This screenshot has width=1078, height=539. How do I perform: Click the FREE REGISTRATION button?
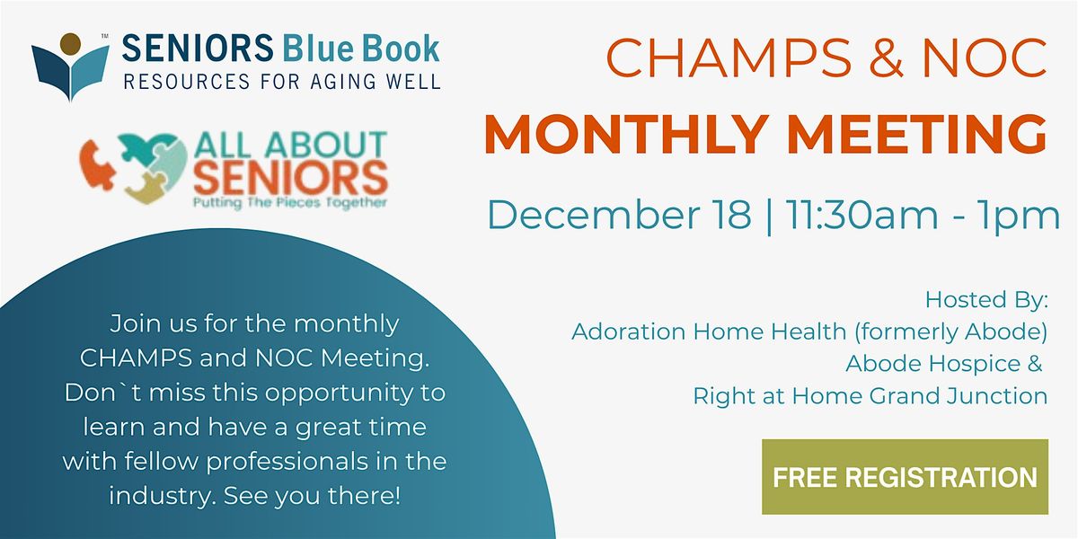click(x=905, y=477)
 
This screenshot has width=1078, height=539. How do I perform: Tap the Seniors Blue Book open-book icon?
click(x=70, y=66)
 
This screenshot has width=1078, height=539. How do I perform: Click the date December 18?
click(x=619, y=216)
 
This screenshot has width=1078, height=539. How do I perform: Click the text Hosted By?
click(x=986, y=299)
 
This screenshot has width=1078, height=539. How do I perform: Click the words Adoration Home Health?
click(x=709, y=331)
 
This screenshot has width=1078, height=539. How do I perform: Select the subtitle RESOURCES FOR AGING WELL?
click(x=282, y=83)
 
